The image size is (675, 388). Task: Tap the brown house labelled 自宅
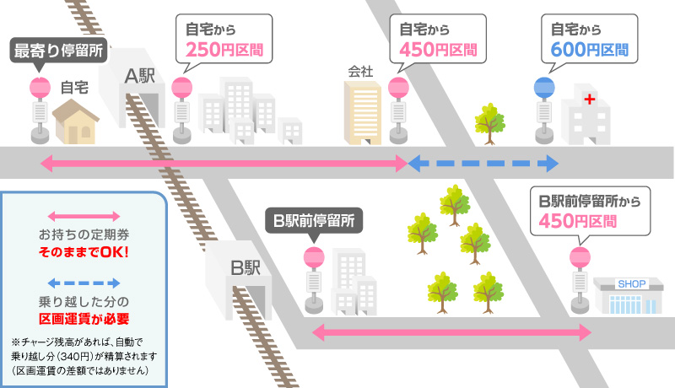[x=77, y=121]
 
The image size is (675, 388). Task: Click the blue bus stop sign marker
[x=545, y=86]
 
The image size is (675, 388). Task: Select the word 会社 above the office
[x=360, y=72]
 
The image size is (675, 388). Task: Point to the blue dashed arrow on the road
[x=483, y=163]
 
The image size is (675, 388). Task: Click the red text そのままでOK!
[x=84, y=251]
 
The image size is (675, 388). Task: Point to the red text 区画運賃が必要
[x=84, y=318]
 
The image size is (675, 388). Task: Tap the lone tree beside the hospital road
[x=489, y=119]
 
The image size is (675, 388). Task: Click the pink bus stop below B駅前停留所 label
[x=313, y=258]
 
